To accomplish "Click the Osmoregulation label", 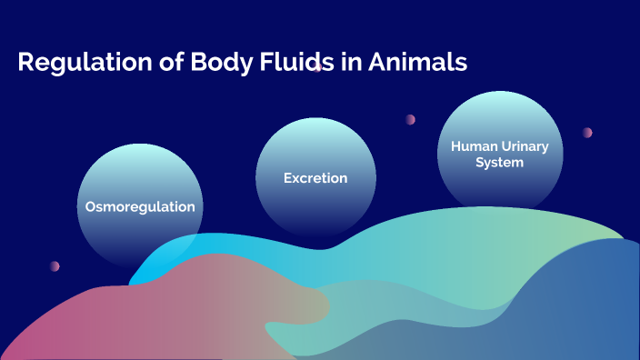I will tap(140, 207).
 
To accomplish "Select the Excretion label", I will tap(315, 178).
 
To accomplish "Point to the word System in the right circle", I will tap(500, 163).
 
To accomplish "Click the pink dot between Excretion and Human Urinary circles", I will tap(411, 119).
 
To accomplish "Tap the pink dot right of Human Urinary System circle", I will tap(587, 133).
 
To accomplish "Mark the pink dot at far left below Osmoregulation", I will tap(55, 266).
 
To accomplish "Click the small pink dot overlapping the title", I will tap(318, 67).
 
